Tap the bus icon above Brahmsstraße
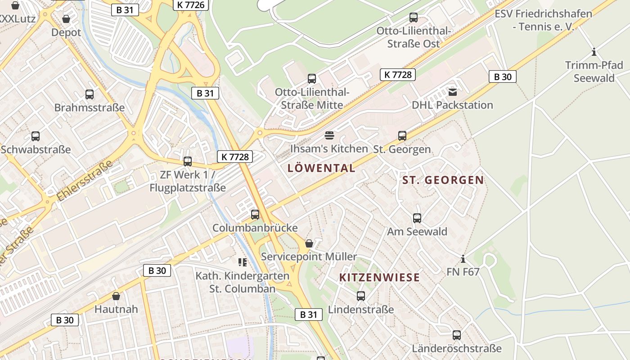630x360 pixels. (x=90, y=94)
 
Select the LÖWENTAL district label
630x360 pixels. (x=321, y=168)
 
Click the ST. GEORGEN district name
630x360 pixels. (x=443, y=180)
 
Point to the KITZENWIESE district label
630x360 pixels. (x=379, y=277)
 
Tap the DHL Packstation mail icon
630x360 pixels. (x=452, y=92)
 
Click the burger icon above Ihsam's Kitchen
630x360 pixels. (x=329, y=135)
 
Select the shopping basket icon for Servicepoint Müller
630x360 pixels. (x=309, y=243)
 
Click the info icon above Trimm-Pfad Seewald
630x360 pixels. (x=594, y=52)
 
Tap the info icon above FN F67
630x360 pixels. (x=463, y=259)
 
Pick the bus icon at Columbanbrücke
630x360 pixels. (x=255, y=215)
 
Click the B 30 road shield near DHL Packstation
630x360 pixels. (x=502, y=76)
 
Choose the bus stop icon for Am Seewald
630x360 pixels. (x=417, y=218)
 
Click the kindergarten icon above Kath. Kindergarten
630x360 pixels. (x=243, y=262)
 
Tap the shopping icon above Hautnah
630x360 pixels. (x=116, y=296)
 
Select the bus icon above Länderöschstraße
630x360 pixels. (x=457, y=335)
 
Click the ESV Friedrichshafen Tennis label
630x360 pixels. (x=543, y=20)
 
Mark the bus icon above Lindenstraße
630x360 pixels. (x=361, y=296)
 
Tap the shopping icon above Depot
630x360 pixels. (x=66, y=19)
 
